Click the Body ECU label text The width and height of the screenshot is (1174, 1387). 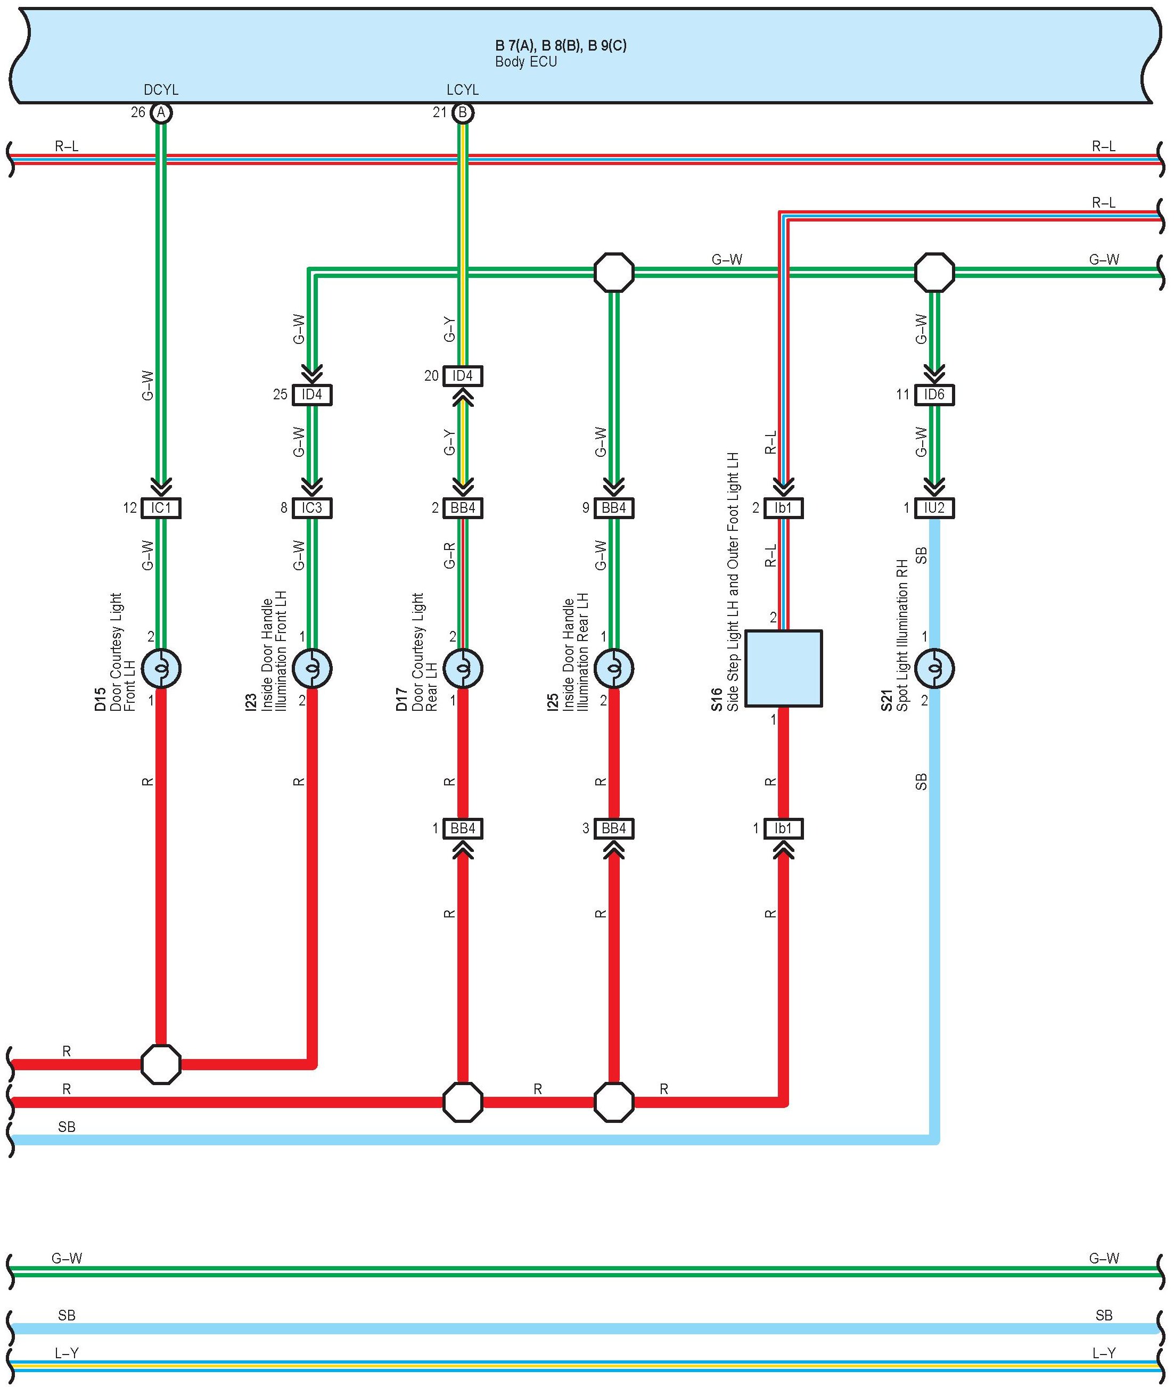[526, 62]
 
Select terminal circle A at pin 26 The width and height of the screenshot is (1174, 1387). [160, 112]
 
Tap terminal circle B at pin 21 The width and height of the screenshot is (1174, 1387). [463, 112]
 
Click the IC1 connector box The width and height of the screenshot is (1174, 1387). [160, 508]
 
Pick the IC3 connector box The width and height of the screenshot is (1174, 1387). [311, 508]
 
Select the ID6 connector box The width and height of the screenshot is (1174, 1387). [934, 395]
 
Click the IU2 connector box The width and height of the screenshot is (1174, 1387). [934, 508]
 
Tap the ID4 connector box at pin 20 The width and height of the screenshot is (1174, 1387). [463, 376]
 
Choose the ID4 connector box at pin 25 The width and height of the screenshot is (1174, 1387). [311, 395]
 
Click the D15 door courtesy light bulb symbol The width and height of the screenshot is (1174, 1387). [160, 668]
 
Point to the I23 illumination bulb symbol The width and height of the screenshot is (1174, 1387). [311, 668]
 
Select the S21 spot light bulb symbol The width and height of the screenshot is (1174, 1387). [934, 668]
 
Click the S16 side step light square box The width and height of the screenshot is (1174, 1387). [783, 668]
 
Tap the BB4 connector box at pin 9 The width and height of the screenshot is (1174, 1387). [613, 508]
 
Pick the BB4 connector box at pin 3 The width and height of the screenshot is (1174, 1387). [613, 828]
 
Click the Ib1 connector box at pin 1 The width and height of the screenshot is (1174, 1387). [783, 828]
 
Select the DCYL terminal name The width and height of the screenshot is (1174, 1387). [161, 90]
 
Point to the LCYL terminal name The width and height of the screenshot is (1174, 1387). [463, 90]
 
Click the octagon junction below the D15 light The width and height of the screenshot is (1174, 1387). [161, 1064]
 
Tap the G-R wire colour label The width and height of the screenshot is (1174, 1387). [450, 556]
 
